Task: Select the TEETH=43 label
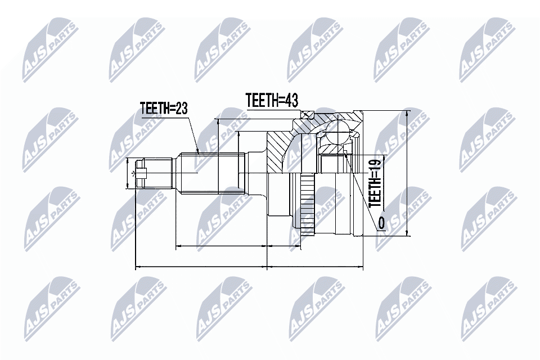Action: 271,100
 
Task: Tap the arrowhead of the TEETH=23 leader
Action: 199,152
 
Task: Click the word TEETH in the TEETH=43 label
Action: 263,100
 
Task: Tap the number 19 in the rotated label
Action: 376,167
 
